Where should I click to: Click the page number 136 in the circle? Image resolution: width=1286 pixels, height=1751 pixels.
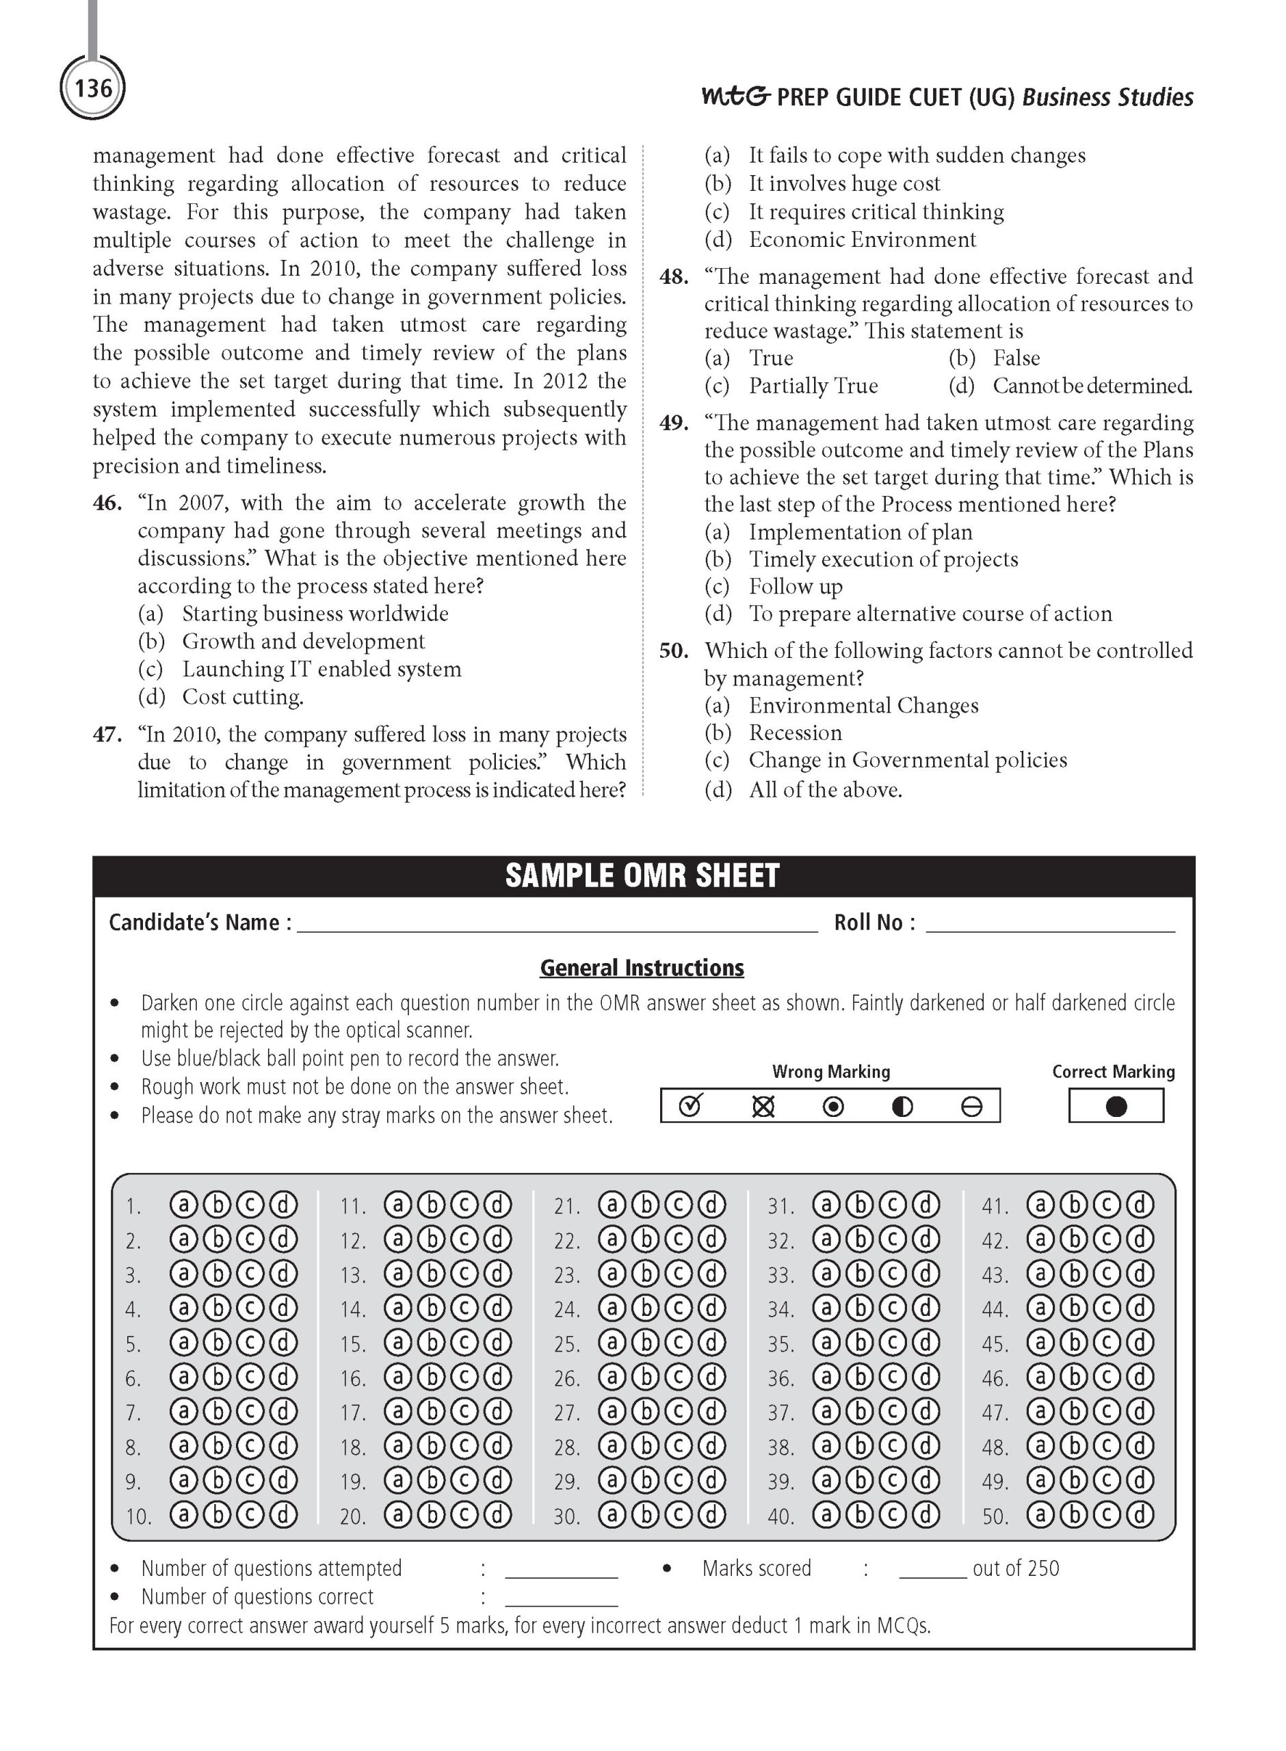tap(92, 88)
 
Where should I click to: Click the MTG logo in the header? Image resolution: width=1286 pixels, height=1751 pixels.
tap(735, 96)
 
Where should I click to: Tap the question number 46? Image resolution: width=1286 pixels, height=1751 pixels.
tap(107, 503)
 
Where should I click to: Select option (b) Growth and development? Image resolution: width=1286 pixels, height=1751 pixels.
tap(303, 642)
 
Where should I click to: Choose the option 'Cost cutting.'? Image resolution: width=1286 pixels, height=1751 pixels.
tap(242, 697)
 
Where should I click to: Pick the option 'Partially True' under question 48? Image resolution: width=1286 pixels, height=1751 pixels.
tap(813, 386)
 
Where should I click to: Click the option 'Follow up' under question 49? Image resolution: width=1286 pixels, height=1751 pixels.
tap(795, 587)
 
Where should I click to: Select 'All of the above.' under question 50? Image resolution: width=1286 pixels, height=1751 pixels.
tap(824, 790)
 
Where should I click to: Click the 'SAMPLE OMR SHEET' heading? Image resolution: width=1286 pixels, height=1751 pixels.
tap(642, 875)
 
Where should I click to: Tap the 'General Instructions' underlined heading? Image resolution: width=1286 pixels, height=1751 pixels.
tap(642, 968)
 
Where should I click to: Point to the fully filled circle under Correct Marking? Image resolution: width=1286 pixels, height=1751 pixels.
tap(1116, 1107)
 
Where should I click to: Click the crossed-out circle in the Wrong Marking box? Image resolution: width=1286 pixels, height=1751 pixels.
tap(763, 1107)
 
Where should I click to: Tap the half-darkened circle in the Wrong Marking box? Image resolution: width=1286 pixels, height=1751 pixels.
tap(902, 1107)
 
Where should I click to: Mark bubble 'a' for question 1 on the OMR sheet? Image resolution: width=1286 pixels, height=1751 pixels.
tap(184, 1205)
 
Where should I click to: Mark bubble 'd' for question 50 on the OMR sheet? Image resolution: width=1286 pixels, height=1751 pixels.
tap(1140, 1515)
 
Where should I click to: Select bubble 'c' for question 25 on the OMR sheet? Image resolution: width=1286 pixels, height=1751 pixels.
tap(678, 1343)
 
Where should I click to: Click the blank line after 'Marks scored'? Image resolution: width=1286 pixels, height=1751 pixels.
tap(932, 1570)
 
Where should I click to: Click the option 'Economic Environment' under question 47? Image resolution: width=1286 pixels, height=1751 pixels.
tap(862, 239)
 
